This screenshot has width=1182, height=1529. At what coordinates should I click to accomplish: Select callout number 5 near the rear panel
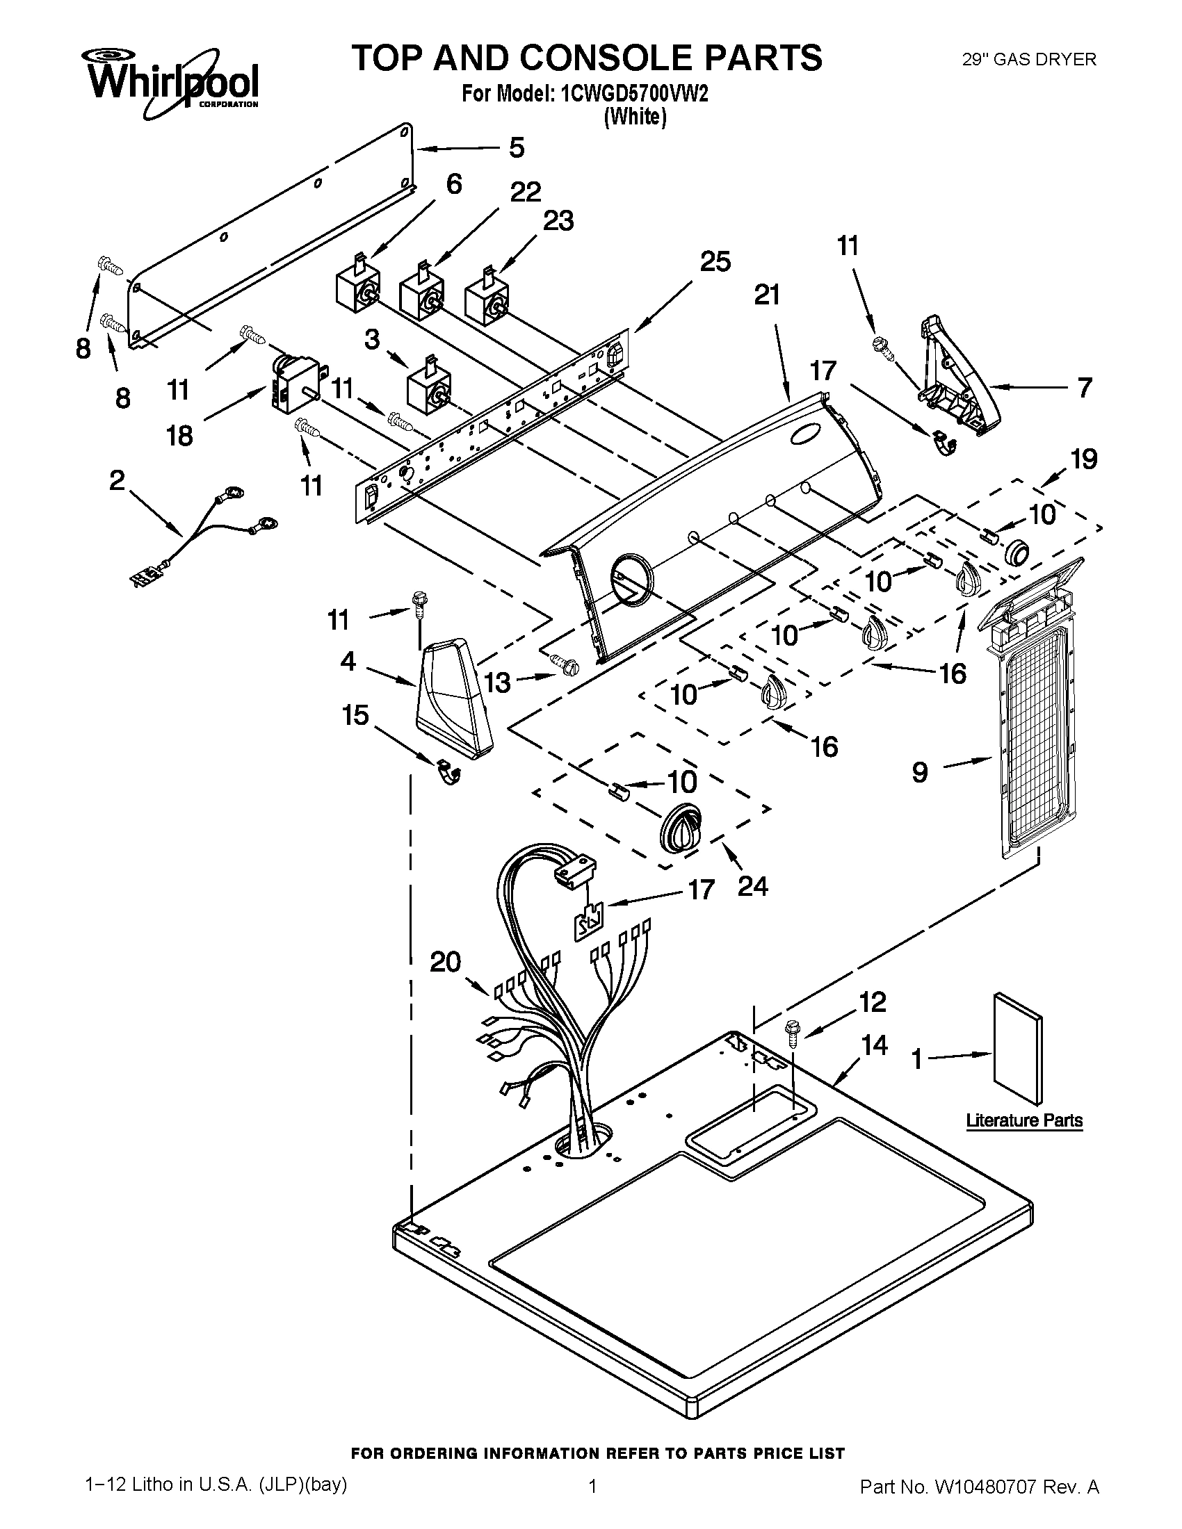516,148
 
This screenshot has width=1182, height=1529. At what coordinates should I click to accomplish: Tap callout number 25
715,261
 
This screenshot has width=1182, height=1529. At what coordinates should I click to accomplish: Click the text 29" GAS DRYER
1028,60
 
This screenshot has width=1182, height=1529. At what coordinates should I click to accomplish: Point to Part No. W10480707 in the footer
979,1502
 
